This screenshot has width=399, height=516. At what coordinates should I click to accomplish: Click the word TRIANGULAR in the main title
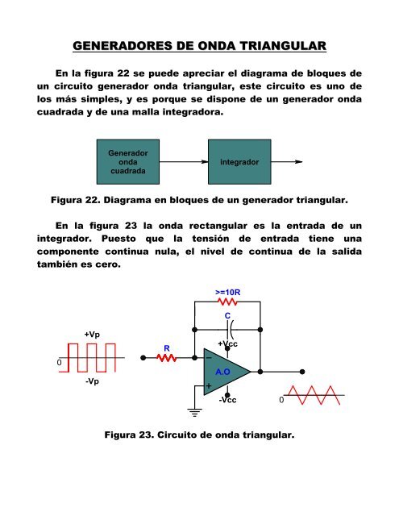point(271,45)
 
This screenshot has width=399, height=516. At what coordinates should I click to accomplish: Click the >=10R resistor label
point(227,291)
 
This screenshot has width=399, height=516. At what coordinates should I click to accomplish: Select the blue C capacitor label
point(228,316)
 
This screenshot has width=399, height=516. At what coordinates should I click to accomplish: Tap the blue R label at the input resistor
point(166,348)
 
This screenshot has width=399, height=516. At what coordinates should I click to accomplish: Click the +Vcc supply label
point(227,344)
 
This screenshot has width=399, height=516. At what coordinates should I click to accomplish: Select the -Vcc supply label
point(230,400)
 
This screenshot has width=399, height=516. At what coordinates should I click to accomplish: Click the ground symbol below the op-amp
point(194,414)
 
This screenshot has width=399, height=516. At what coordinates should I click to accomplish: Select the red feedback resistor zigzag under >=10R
point(227,303)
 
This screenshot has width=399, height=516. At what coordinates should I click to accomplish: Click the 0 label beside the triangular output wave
point(281,400)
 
